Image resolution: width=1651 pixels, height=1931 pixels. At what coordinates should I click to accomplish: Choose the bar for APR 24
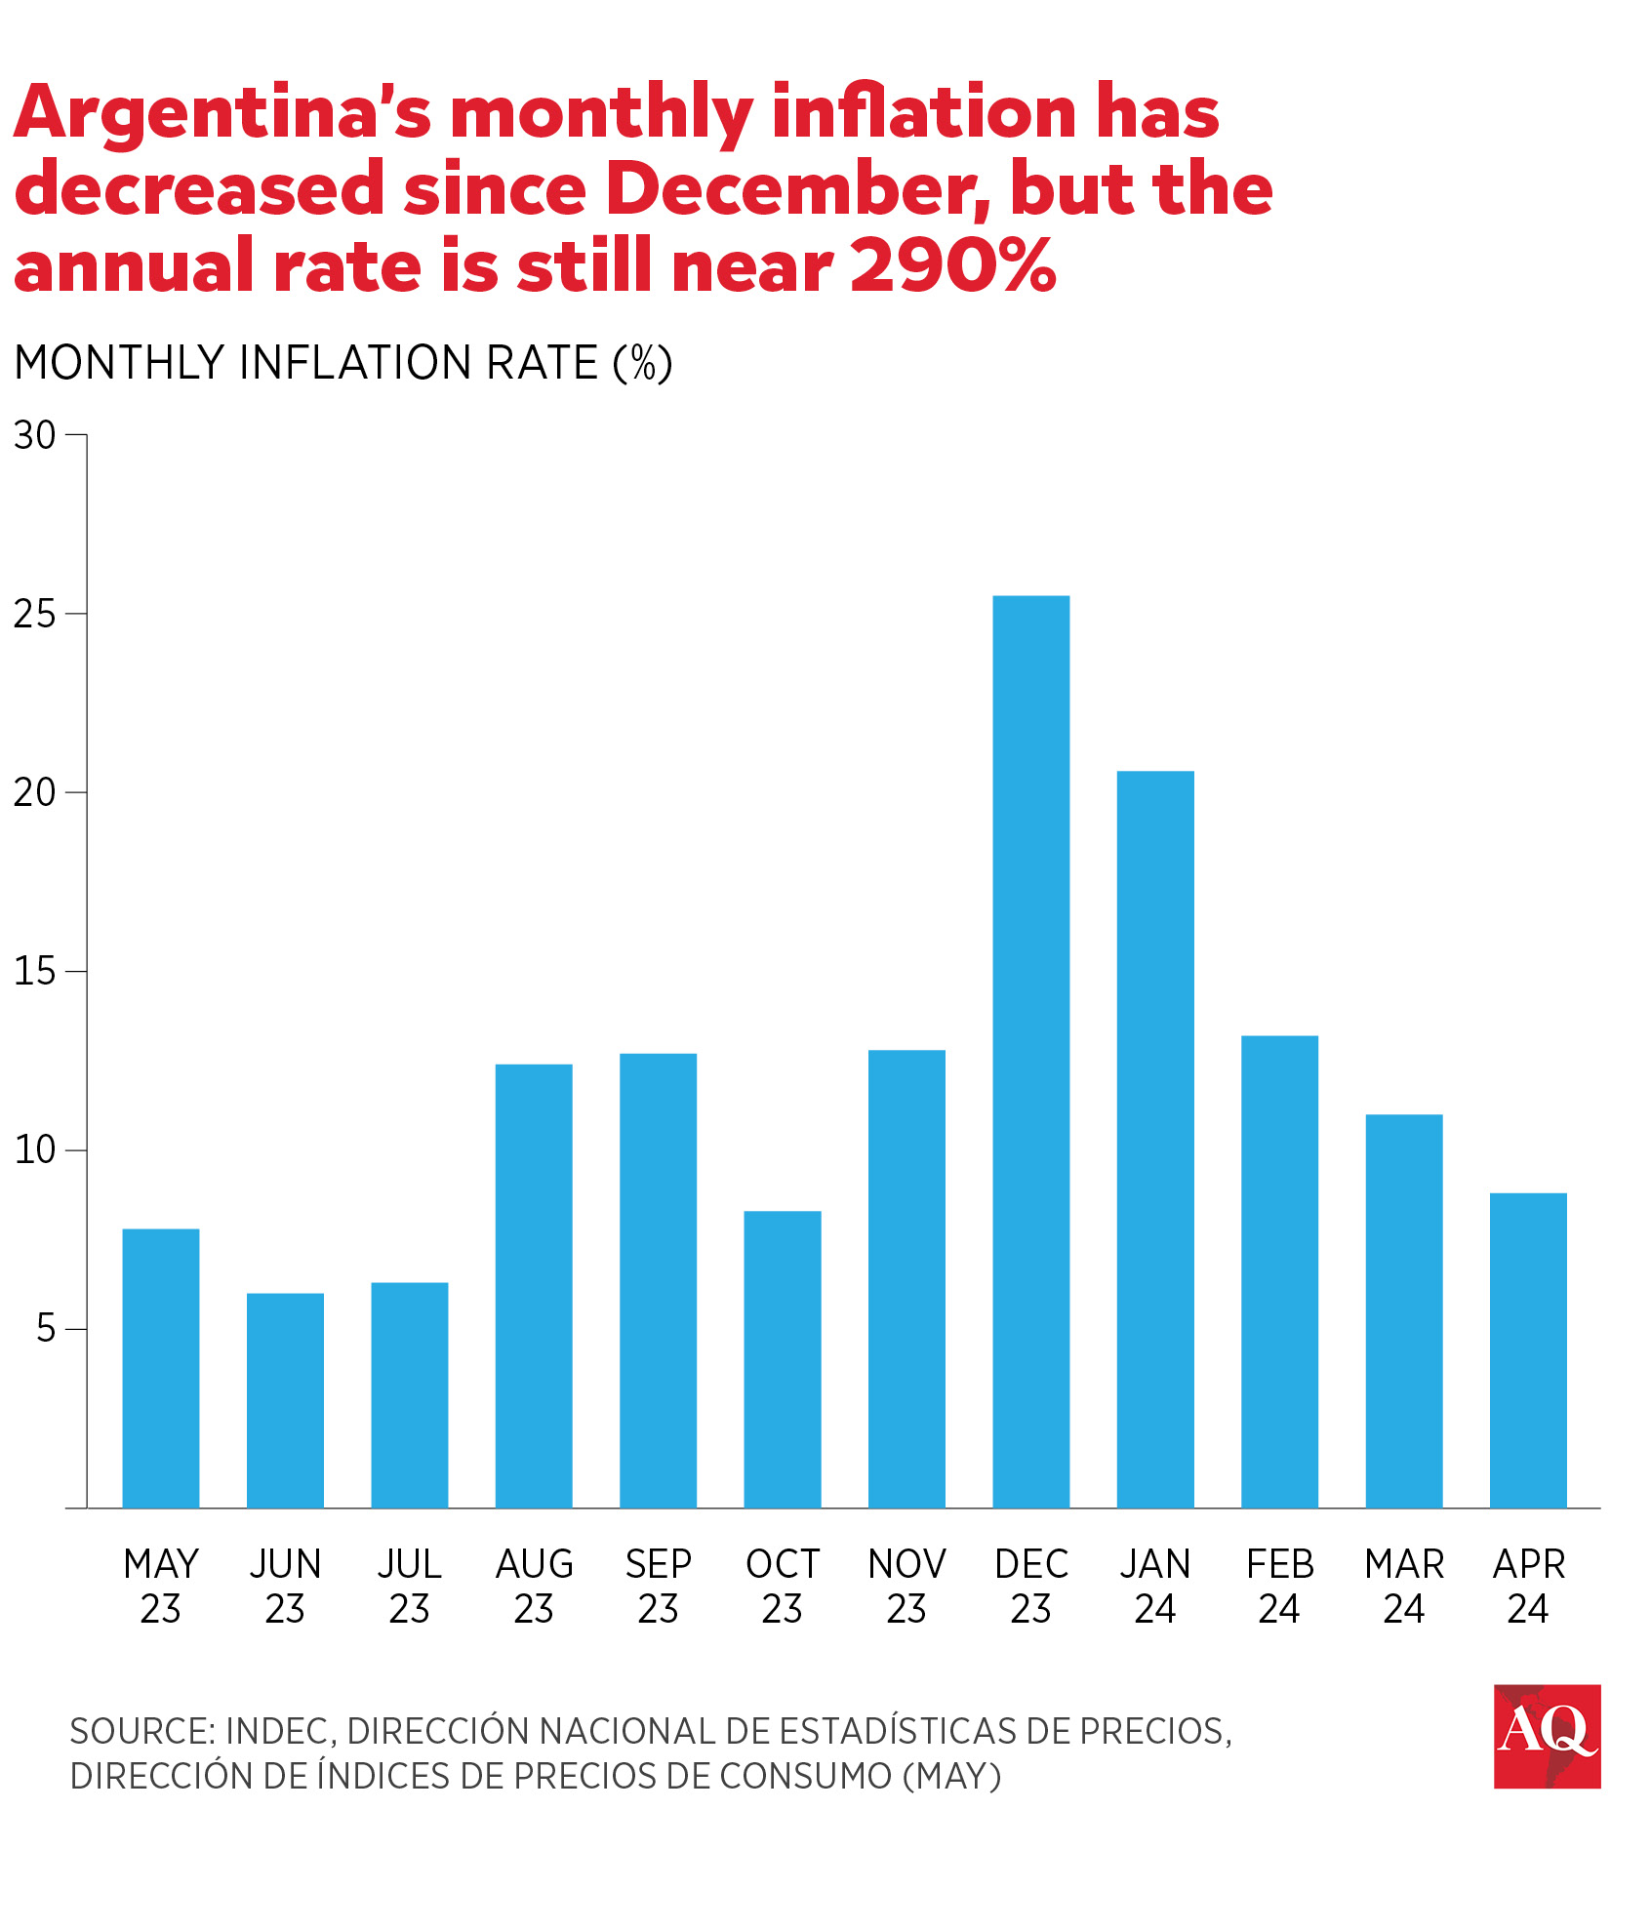point(1528,1350)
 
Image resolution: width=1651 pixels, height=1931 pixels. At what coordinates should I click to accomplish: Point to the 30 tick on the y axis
point(35,435)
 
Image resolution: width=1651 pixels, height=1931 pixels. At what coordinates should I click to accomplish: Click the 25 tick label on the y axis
point(35,614)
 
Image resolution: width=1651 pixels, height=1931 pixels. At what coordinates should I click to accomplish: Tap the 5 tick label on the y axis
point(46,1329)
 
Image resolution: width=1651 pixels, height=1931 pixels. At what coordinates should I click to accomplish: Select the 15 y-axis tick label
point(35,971)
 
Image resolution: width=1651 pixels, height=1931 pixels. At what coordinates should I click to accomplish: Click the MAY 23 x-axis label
point(161,1586)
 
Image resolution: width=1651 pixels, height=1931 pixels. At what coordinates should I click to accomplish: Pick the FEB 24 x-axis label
point(1279,1586)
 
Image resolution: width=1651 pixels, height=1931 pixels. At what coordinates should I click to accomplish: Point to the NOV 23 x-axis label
point(906,1586)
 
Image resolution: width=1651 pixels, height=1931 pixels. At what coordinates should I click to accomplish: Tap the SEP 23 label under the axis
point(659,1586)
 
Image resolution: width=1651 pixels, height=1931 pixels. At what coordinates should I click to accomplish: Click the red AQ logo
point(1547,1736)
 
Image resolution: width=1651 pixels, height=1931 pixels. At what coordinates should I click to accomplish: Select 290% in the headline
point(952,265)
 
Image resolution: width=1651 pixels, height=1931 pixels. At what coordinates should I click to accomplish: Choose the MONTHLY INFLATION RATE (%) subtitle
point(343,363)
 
